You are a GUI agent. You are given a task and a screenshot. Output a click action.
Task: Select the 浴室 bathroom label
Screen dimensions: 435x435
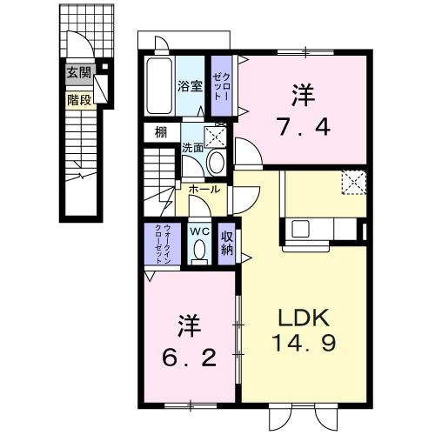[191, 86]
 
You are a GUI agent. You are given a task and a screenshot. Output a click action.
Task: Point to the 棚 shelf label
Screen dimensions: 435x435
[161, 132]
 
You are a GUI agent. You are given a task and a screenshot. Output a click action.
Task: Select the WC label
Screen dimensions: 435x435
[199, 231]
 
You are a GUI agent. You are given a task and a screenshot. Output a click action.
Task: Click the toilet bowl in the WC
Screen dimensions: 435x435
[199, 251]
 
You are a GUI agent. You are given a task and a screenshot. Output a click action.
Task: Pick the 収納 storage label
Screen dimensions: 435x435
[227, 243]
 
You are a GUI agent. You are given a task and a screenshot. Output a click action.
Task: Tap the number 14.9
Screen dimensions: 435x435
[305, 342]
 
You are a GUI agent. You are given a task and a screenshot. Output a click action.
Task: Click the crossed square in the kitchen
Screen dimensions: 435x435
[353, 180]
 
